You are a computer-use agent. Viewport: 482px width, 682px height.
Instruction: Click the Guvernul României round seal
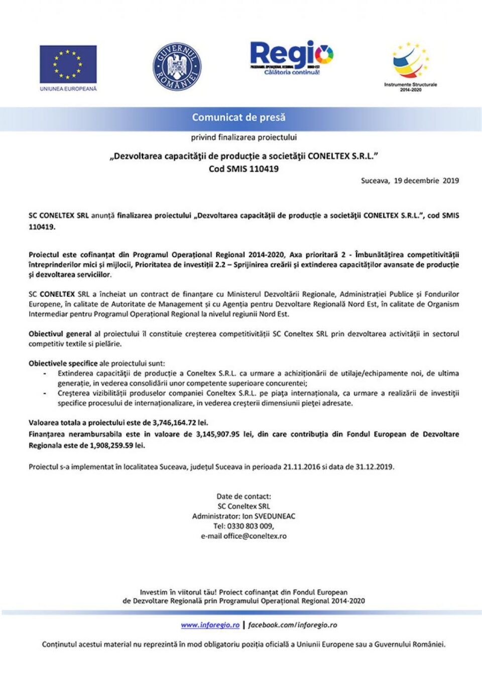pos(177,67)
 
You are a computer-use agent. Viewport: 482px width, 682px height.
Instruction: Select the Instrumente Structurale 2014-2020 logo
pos(410,66)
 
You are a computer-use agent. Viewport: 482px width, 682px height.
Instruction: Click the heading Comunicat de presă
pos(238,118)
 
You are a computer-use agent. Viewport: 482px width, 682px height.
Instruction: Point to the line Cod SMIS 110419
pos(244,169)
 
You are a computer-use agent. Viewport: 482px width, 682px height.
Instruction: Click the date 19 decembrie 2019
pos(426,181)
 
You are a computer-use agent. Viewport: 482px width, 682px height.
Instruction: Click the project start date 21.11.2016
pos(301,467)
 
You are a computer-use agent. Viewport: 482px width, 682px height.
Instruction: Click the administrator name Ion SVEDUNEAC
pos(269,516)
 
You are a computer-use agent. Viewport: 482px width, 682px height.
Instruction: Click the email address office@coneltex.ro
pos(255,536)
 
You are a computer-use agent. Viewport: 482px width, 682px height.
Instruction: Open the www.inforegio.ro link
pos(210,625)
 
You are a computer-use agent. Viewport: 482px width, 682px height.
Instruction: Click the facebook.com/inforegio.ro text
pos(292,625)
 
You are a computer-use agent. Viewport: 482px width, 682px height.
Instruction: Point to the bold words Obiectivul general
pos(60,334)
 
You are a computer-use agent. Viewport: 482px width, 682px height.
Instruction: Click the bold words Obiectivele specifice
pos(63,363)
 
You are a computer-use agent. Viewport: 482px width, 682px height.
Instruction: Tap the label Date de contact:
pos(244,496)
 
